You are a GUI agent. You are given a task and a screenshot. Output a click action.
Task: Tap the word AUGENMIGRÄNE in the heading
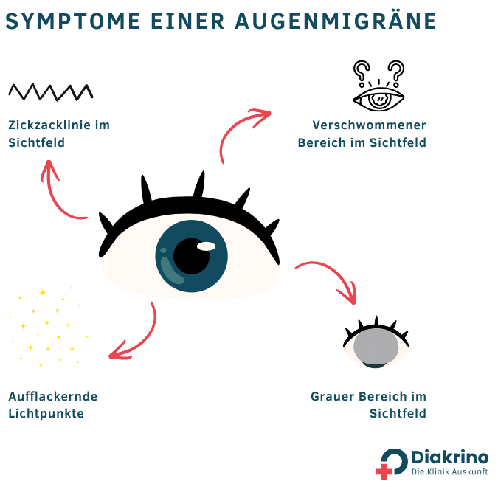click(336, 21)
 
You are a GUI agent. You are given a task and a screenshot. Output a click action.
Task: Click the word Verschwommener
click(369, 125)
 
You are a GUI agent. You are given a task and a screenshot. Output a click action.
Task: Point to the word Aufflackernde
click(53, 396)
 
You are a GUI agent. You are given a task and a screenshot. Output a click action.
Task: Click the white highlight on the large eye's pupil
click(207, 246)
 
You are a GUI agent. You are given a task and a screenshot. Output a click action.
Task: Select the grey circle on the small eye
click(376, 345)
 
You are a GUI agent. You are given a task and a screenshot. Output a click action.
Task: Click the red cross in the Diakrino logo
click(384, 471)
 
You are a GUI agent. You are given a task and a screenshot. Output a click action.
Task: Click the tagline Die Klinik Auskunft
click(449, 472)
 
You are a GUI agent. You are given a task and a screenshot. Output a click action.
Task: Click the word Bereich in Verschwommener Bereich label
click(322, 142)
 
